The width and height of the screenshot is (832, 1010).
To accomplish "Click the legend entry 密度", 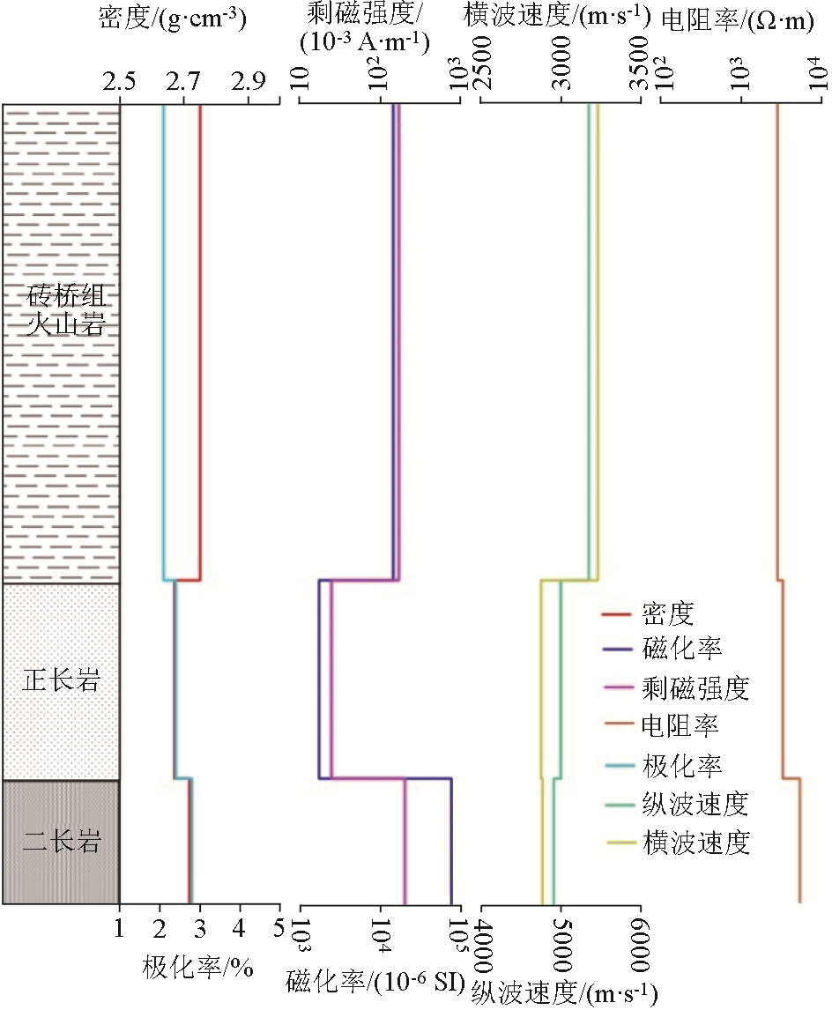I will (x=669, y=613).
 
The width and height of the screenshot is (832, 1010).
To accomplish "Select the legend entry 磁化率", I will (x=683, y=650).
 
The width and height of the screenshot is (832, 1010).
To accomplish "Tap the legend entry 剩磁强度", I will (x=696, y=687).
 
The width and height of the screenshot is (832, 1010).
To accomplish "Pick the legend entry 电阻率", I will (x=683, y=726).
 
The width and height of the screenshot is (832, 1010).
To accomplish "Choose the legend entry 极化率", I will (x=683, y=765).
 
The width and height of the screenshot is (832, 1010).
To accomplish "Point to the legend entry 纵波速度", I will (x=696, y=804).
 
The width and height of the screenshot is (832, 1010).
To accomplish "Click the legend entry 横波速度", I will (x=696, y=843).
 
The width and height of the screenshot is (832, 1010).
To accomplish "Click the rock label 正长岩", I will (x=62, y=681).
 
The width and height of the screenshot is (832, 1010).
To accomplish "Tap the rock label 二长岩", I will (x=62, y=843).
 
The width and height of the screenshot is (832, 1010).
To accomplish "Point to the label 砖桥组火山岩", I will (x=62, y=310).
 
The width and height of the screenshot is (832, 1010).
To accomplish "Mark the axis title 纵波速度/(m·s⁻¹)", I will (x=564, y=993).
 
